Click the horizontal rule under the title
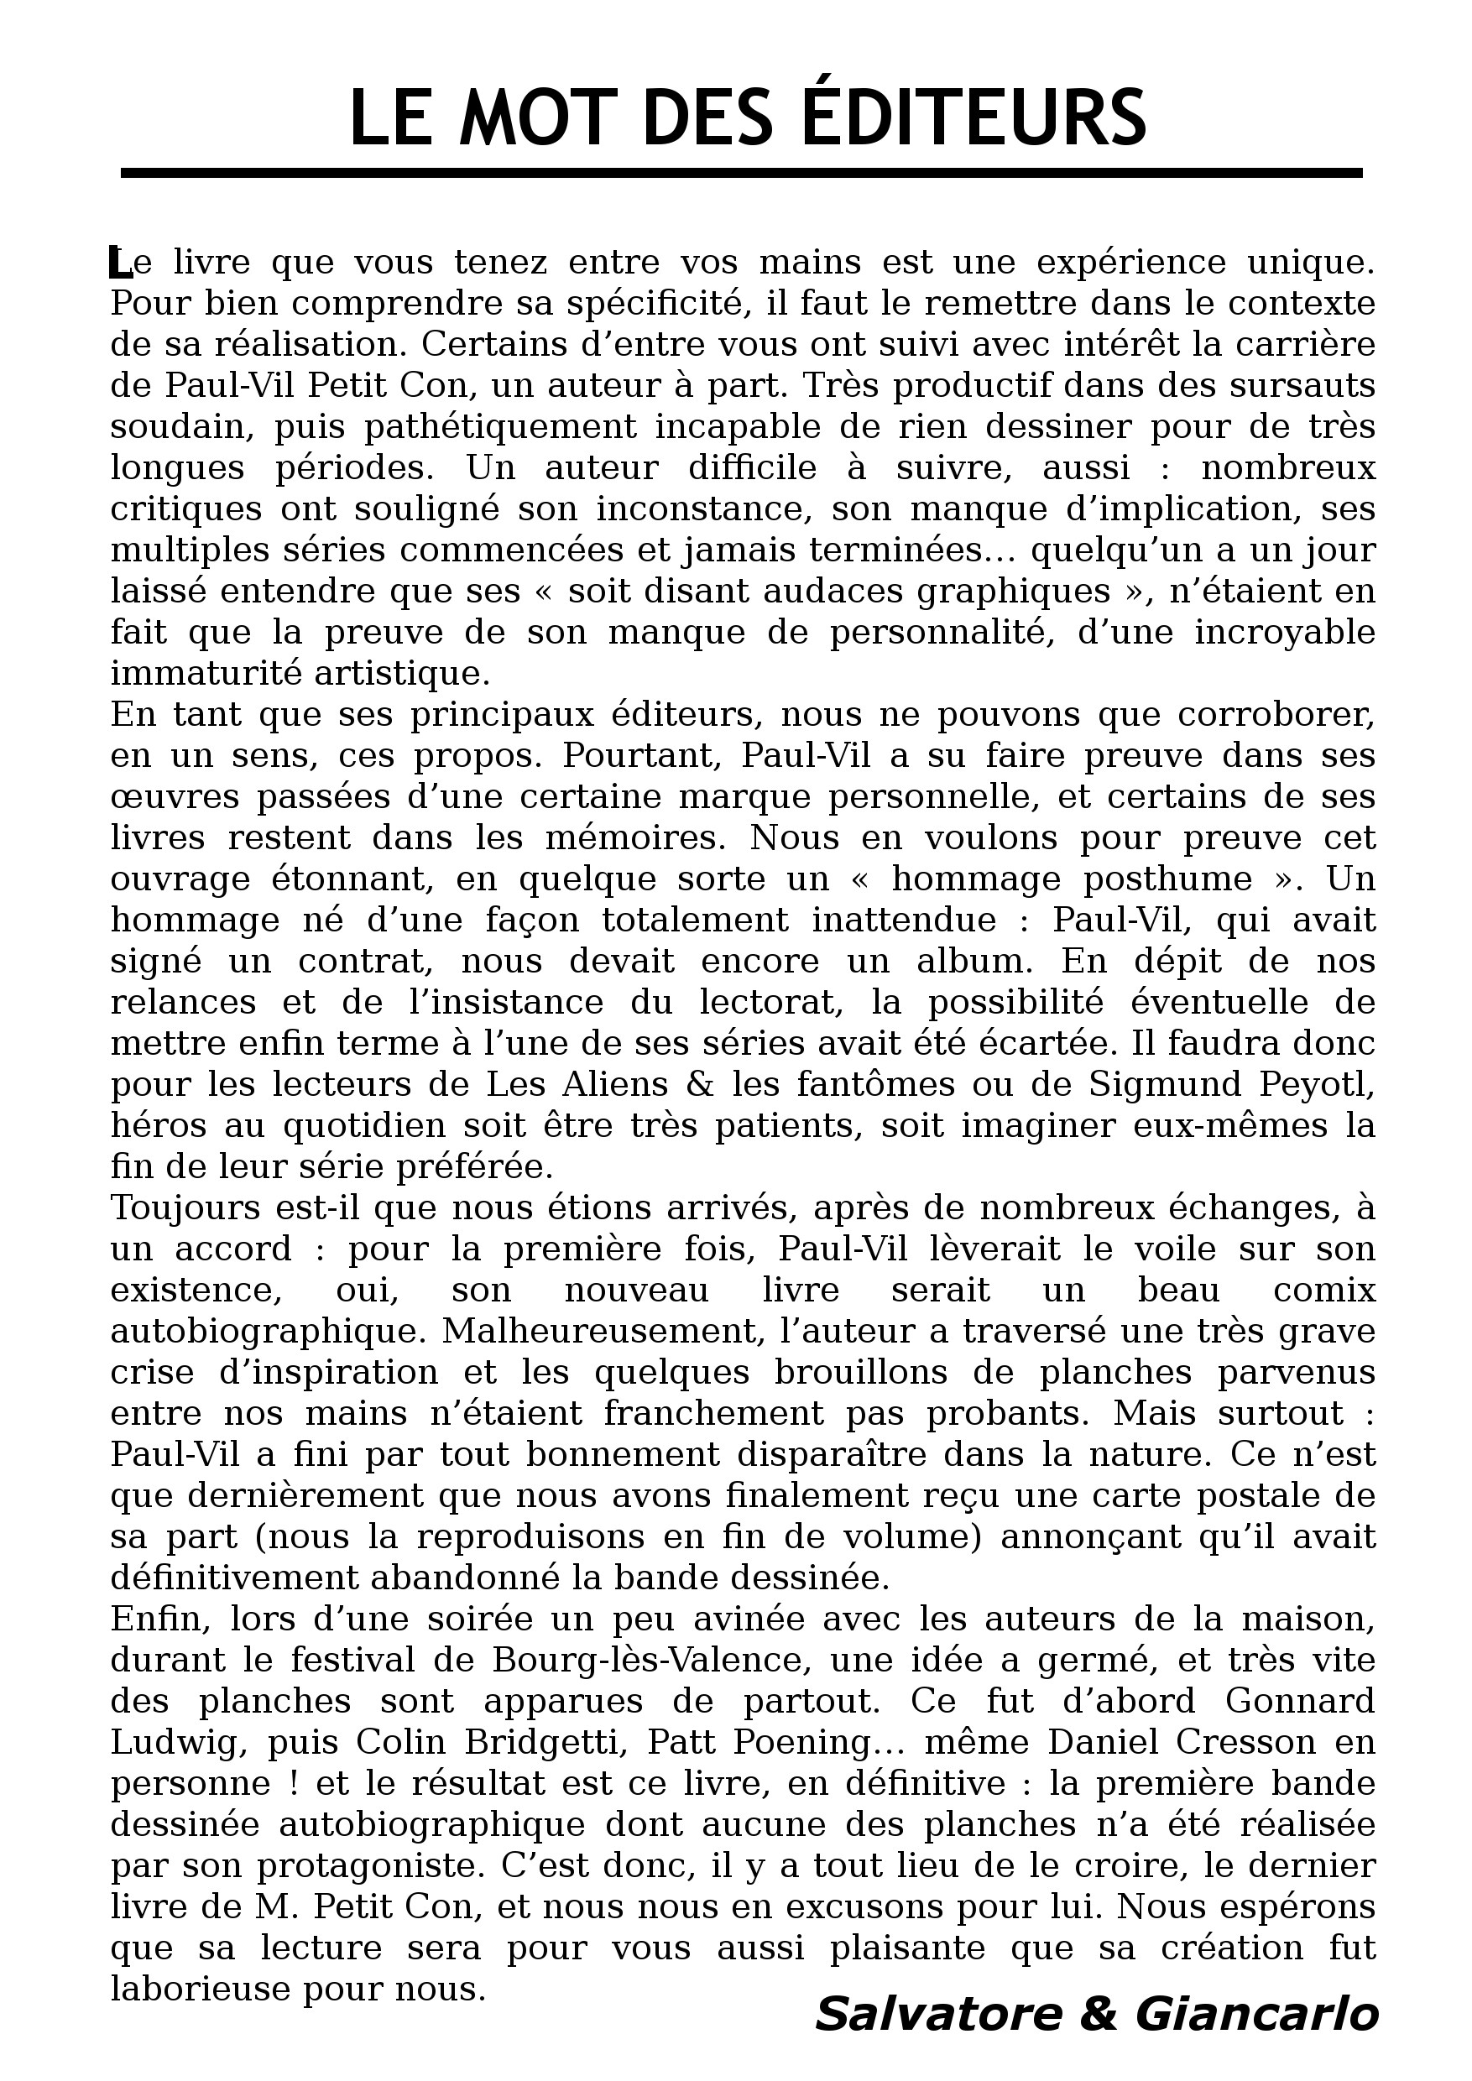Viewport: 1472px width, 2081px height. pyautogui.click(x=741, y=172)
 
